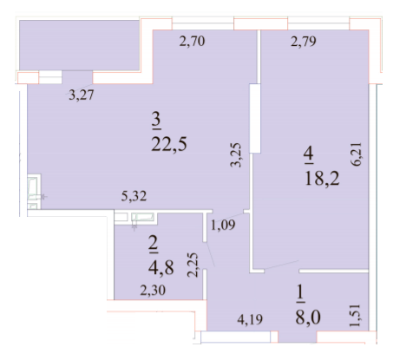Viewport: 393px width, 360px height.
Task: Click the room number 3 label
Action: [x=155, y=117]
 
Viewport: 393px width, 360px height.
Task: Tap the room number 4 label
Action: [x=308, y=155]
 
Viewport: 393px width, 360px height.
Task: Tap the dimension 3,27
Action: [x=82, y=95]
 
